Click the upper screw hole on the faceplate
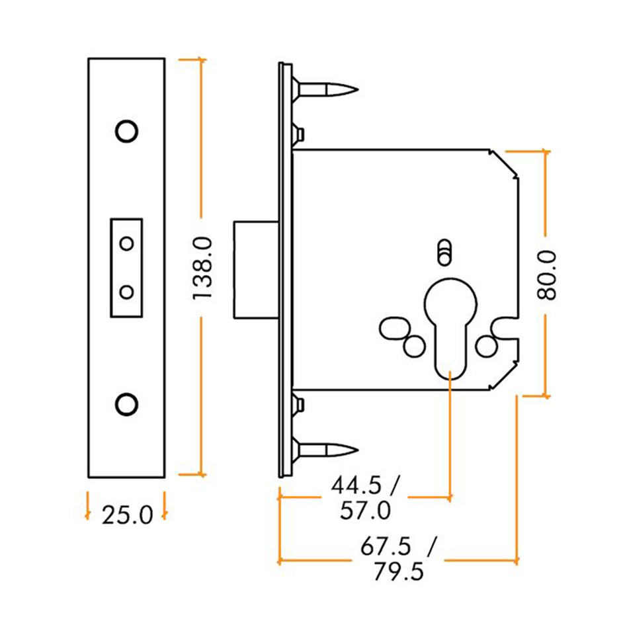(x=126, y=131)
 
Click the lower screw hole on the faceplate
(x=126, y=403)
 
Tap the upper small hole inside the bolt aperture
(x=126, y=243)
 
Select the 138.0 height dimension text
(x=202, y=267)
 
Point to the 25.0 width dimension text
(x=127, y=514)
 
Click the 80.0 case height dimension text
(x=547, y=275)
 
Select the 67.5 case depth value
(x=386, y=547)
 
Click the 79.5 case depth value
(x=398, y=571)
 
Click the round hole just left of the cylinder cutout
(x=415, y=345)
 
